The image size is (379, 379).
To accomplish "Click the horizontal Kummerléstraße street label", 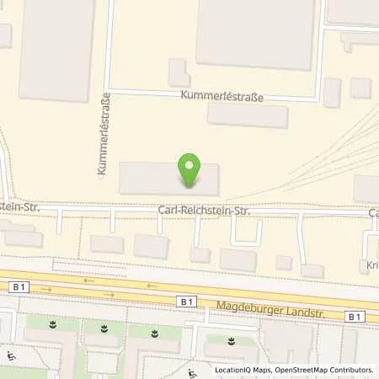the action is pos(222,97).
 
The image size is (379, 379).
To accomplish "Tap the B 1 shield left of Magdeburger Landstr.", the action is pos(187,300).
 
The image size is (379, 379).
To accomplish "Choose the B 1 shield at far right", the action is pos(355,316).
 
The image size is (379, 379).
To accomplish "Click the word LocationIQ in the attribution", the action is pos(235,370).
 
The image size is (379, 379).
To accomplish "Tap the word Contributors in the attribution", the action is pos(350,370).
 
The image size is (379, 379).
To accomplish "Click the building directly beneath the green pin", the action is pos(168,179).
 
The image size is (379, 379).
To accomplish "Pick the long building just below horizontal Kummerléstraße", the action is pos(248,115).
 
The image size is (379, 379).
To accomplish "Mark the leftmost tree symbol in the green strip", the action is pos(54,324).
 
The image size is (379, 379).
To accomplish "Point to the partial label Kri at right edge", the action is pos(371,265).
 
